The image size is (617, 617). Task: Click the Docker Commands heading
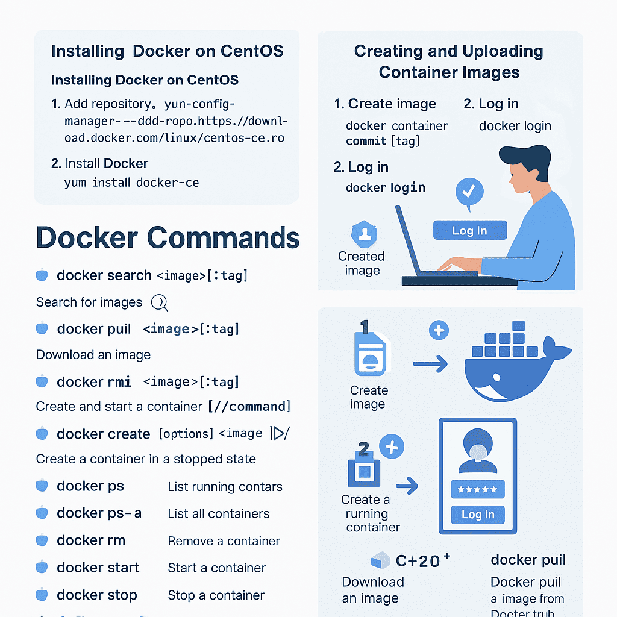168,237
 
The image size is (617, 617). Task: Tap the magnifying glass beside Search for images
159,302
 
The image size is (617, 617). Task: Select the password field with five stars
477,489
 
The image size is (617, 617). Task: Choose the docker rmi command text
93,381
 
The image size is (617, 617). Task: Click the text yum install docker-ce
131,183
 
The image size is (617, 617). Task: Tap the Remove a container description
224,541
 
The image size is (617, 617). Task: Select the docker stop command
96,595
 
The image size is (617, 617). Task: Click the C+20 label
418,561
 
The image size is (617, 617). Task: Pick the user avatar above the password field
477,452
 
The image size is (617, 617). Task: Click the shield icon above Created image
363,234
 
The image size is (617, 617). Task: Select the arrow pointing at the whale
430,363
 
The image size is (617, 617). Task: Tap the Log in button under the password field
477,514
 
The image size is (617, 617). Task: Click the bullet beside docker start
42,568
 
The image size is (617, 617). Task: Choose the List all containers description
218,514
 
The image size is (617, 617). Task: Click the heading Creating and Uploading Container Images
448,61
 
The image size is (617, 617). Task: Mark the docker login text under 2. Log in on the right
515,126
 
